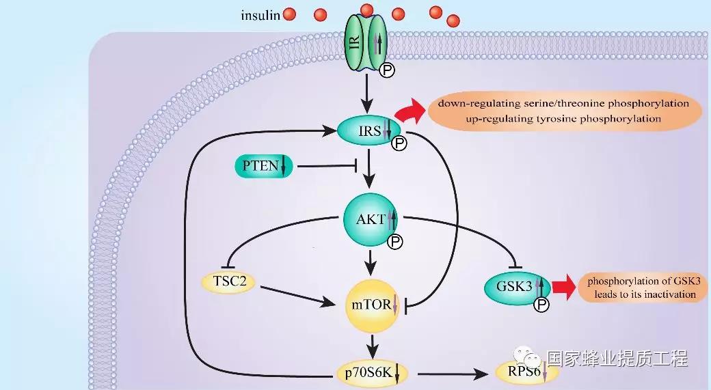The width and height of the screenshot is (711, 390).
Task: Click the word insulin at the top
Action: click(260, 14)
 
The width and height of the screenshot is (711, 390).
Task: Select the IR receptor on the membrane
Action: click(366, 42)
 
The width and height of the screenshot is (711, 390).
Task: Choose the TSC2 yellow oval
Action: click(228, 280)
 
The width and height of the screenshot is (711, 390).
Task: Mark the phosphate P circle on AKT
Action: click(394, 241)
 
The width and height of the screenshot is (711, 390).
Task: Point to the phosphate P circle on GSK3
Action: click(541, 305)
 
